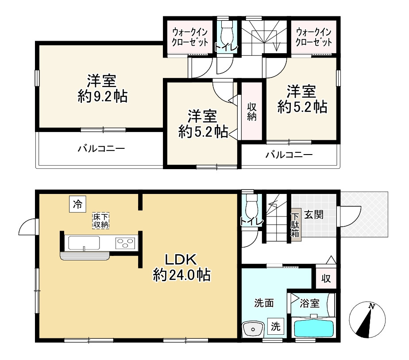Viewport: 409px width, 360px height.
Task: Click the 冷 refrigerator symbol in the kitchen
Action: click(77, 204)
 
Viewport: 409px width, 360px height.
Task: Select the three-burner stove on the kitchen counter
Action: click(125, 243)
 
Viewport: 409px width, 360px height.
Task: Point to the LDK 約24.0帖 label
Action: click(181, 268)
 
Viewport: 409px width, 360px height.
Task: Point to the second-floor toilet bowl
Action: click(227, 32)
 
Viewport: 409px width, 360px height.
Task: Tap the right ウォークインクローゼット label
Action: click(314, 37)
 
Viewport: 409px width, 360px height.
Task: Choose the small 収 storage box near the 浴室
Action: click(326, 279)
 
